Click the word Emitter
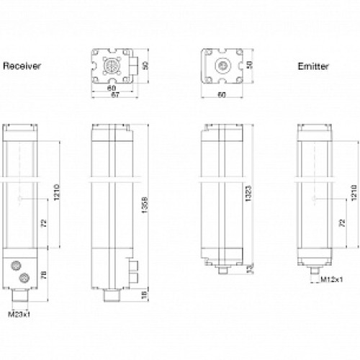(x=314, y=66)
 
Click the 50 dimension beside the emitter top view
(x=251, y=65)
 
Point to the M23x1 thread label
(x=17, y=314)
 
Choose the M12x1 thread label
(x=332, y=279)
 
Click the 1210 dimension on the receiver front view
(x=57, y=193)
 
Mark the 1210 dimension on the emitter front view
(x=353, y=193)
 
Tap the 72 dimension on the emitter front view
(x=342, y=225)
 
